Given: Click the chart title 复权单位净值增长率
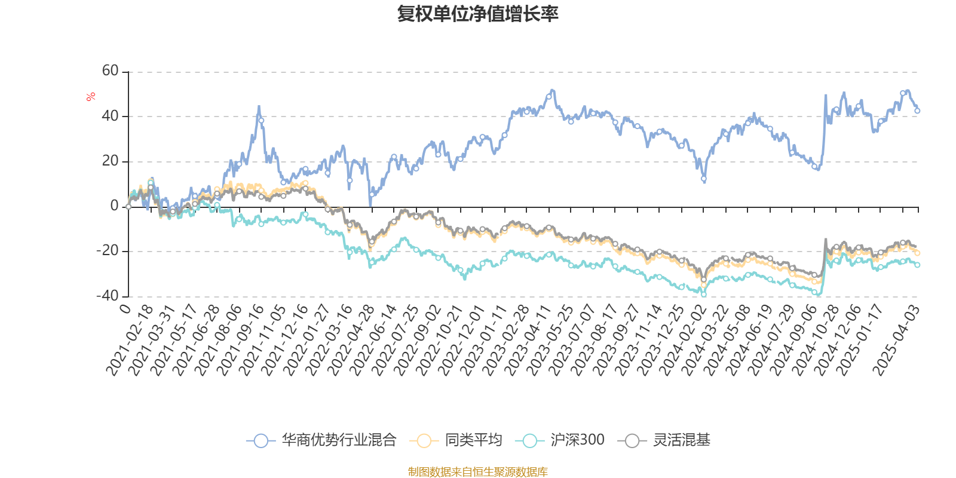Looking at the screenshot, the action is click(477, 14).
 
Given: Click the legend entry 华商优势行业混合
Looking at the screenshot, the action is click(339, 440).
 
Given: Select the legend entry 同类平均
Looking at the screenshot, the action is click(473, 440).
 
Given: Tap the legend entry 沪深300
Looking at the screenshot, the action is click(577, 440).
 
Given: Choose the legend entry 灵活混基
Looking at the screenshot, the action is click(682, 440).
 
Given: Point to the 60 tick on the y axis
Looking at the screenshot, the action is click(110, 71).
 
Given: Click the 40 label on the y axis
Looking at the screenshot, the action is click(110, 116).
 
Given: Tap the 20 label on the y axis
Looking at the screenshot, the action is click(110, 161).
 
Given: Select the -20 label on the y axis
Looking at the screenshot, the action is click(108, 250).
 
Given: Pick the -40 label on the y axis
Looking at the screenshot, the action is click(108, 296).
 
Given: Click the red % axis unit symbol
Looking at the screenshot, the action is click(90, 97).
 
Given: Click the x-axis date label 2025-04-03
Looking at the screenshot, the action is click(896, 340).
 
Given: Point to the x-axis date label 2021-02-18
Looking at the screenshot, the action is click(130, 340).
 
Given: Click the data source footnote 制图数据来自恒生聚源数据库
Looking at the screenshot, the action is click(477, 471).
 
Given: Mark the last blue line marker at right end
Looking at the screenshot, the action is click(918, 111).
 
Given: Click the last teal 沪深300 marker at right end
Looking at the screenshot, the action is click(918, 265).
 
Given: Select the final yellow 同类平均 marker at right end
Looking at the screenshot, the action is click(918, 253).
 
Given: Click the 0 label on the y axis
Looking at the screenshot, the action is click(114, 206).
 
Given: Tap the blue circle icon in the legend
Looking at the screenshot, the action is click(261, 440).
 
